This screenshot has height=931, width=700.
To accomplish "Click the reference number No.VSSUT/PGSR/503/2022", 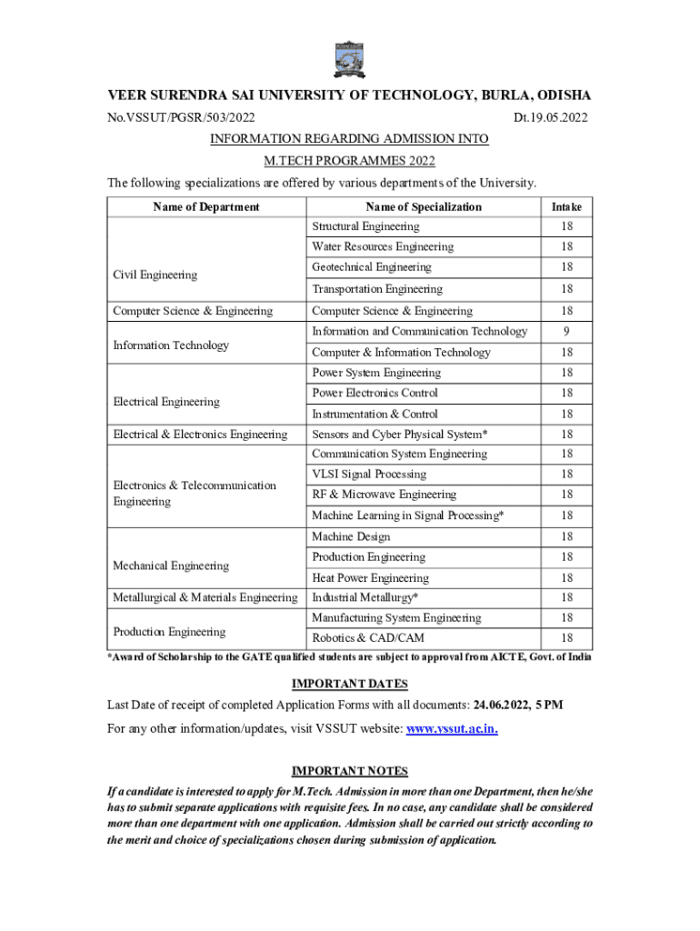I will [181, 117].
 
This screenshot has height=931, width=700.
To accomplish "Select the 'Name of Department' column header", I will [206, 207].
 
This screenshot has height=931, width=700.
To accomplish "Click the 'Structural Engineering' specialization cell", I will [365, 226].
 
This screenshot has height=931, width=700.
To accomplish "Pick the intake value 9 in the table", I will [566, 332].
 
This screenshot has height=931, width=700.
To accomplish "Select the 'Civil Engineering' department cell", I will [155, 275].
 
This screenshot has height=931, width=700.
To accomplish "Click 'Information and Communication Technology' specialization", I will [419, 332].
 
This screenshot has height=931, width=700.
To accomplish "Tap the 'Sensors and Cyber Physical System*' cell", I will [400, 435].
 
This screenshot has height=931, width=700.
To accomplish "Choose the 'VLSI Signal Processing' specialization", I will [368, 475].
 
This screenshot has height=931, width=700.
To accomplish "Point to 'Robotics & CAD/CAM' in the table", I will [368, 638].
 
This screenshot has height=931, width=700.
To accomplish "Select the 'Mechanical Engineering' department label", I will [171, 566].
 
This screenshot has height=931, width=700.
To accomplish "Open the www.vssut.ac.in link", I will [452, 729].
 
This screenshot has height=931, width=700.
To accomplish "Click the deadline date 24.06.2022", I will [505, 706].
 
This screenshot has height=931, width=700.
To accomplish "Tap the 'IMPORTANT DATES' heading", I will [349, 684].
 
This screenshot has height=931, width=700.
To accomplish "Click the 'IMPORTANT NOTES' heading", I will [349, 771].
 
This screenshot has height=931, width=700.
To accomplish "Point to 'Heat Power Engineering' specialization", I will [370, 578].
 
